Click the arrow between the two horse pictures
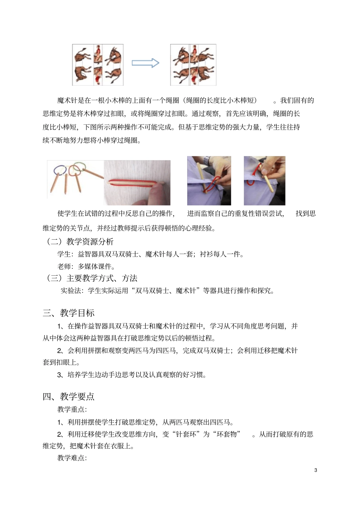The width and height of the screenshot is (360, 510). pos(145,63)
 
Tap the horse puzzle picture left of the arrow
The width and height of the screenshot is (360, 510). pos(98,65)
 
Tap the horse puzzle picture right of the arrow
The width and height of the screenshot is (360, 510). pos(193,65)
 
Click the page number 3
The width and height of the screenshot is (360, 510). pos(316,470)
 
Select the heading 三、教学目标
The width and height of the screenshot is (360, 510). pos(69,313)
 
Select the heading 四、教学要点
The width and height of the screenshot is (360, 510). pos(69,396)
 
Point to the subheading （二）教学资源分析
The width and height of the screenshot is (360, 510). pos(80,242)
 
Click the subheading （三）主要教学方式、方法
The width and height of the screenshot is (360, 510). pos(91,278)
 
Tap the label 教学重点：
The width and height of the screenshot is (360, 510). pos(72,409)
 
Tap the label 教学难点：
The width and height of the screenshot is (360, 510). pos(72,458)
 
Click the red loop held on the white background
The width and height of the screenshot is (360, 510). pos(135,182)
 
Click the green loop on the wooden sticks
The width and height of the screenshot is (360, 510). pos(79,167)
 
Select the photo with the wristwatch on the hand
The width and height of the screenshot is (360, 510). pos(209,180)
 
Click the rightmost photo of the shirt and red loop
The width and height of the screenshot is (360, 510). pos(264,180)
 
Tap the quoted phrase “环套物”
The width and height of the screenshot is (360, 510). pos(227,434)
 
